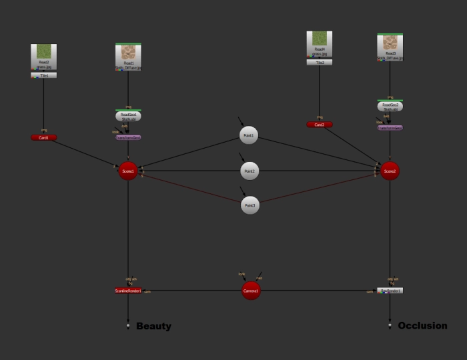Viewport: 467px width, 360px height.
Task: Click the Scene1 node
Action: pos(128,171)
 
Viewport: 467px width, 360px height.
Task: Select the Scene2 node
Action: pos(390,171)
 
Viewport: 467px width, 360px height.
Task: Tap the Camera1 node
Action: pos(251,291)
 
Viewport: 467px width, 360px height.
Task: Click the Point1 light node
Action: pos(249,135)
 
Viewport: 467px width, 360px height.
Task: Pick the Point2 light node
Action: pos(250,171)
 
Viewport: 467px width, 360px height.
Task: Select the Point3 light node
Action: pos(250,205)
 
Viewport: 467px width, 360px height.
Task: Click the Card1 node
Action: pos(44,138)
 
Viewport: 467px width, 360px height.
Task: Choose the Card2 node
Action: pos(320,125)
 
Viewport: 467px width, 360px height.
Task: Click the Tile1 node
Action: pos(44,76)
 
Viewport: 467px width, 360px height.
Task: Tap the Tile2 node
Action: pos(320,63)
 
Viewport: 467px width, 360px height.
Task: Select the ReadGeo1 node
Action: pos(128,116)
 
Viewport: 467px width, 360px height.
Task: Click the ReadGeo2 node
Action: pos(390,107)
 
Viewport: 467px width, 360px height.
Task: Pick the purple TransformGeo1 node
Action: pos(128,137)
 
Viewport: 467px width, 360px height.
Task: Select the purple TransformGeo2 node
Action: pos(390,127)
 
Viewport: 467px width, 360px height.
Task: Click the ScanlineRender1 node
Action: pos(128,291)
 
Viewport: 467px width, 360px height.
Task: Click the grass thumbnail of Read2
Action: pos(44,51)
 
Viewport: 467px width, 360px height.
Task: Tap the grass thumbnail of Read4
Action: pos(320,39)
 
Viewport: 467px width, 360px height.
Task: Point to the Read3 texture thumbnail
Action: pos(390,43)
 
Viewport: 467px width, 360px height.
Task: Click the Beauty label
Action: pos(153,326)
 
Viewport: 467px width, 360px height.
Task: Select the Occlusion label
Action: pos(422,325)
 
